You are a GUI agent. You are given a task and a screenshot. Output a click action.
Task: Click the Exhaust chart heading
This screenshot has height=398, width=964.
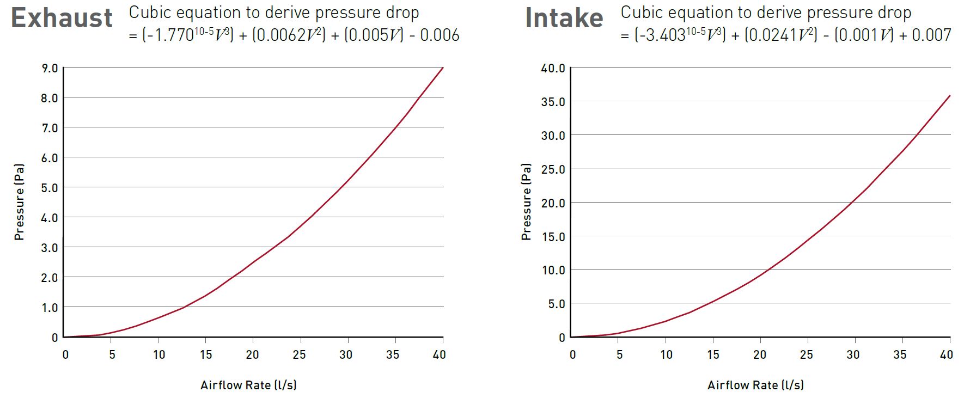tap(62, 18)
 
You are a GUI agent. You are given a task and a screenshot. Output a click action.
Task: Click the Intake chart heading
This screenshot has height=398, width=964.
tap(564, 18)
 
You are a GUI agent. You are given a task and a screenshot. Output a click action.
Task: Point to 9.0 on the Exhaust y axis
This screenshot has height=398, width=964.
tap(50, 69)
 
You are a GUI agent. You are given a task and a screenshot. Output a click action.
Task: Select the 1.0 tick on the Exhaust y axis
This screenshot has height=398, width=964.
tap(50, 308)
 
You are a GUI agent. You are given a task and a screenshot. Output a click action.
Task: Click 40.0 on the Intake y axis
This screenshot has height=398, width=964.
tap(553, 69)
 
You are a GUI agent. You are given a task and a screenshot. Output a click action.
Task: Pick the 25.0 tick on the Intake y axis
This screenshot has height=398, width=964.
tap(553, 169)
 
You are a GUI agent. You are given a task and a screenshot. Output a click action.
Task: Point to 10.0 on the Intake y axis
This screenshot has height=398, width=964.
tap(553, 271)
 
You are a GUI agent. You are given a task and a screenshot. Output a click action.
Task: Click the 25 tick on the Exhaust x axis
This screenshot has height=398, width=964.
tap(299, 355)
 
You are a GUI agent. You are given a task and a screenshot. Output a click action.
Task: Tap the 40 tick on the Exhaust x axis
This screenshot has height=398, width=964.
tap(440, 355)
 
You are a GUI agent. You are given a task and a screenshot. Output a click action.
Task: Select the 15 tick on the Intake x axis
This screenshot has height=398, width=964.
tap(713, 355)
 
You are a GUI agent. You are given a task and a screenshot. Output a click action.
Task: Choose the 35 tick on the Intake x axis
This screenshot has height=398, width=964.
tap(900, 355)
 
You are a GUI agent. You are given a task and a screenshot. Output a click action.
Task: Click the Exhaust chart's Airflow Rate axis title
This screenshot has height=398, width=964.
tap(248, 385)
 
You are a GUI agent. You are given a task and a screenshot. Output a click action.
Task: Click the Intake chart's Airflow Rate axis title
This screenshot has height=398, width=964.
tap(755, 385)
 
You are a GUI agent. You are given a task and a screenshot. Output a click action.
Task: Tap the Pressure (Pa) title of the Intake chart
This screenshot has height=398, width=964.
tap(526, 202)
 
